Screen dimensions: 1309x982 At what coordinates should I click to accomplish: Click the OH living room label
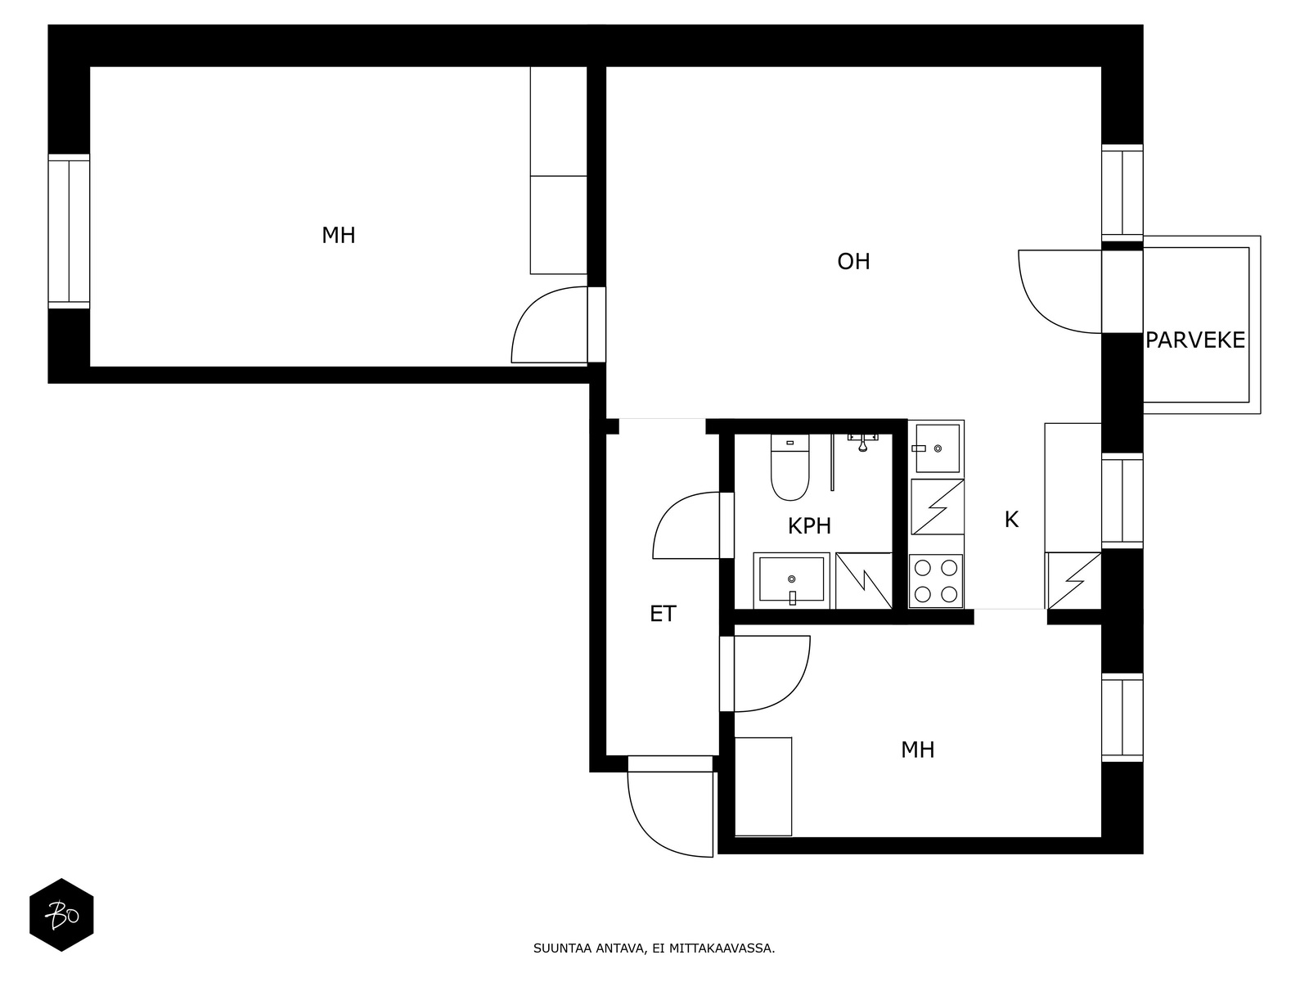coord(853,261)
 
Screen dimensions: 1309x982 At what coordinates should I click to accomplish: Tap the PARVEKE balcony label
coord(1195,340)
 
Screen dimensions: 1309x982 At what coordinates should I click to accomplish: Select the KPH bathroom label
coord(809,526)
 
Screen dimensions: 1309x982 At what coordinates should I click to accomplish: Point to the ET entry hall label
coord(663,614)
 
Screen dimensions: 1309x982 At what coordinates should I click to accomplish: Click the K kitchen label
coord(1011,520)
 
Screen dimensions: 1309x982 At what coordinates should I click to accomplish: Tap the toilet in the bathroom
coord(789,467)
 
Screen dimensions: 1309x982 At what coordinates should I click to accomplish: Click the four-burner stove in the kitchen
coord(936,581)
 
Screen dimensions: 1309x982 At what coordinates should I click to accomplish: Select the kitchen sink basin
coord(938,448)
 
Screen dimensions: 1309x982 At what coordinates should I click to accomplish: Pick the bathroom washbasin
coord(791,580)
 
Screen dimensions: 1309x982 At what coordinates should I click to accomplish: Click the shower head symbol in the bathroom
coord(863,443)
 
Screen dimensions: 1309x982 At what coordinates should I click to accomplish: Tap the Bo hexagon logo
coord(61,915)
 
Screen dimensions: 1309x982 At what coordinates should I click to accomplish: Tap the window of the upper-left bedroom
coord(70,232)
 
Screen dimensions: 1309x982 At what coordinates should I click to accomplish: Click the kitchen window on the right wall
coord(1122,501)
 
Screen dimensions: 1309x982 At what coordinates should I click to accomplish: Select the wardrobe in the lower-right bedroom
coord(763,786)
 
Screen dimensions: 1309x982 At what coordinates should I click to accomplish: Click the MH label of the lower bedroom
coord(917,750)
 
